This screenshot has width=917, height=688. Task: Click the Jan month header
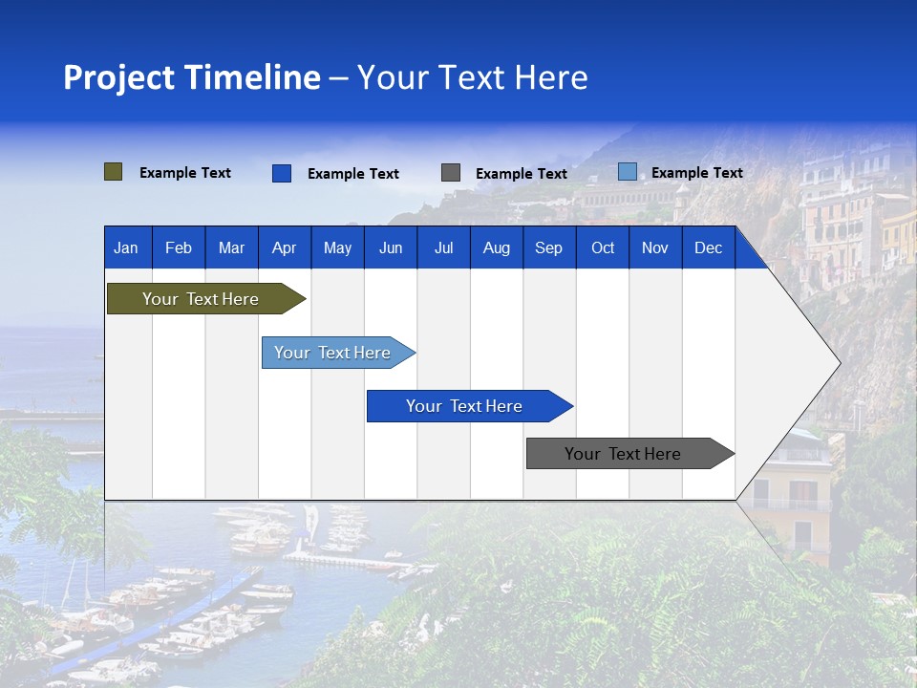(x=126, y=248)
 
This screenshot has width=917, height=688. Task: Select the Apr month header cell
(x=284, y=248)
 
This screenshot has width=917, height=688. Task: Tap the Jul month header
(x=443, y=248)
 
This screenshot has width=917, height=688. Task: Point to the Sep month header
(x=548, y=248)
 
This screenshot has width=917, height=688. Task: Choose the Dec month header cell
(x=708, y=248)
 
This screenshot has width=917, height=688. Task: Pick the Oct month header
(x=603, y=248)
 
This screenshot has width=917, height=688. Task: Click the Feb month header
(x=179, y=248)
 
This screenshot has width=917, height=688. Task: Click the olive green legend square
(x=114, y=172)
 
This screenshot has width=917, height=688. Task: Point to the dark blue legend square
(x=282, y=173)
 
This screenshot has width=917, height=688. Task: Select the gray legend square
(x=451, y=172)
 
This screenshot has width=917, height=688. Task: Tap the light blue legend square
(x=627, y=172)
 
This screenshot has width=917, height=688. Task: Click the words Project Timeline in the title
(x=191, y=77)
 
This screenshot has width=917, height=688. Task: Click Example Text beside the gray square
(x=521, y=174)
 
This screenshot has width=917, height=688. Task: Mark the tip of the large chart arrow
(x=839, y=363)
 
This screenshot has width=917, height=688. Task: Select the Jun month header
(x=391, y=248)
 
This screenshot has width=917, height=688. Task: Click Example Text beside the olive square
(x=184, y=173)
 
